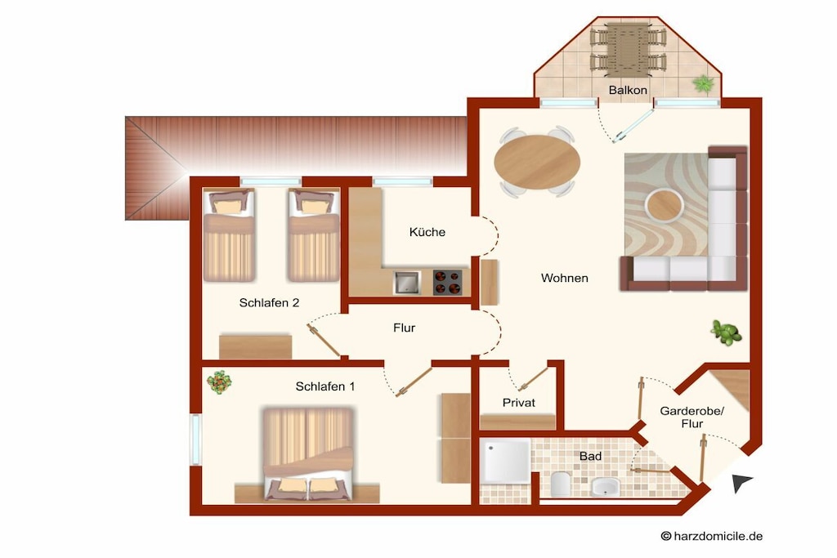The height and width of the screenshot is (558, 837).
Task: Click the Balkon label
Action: pos(628,90)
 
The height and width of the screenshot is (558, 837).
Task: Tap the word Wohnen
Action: pos(564,278)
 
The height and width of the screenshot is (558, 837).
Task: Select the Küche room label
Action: pos(427,232)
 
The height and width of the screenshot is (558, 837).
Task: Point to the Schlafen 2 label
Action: pos(269,303)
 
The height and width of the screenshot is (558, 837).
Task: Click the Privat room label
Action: pos(518,403)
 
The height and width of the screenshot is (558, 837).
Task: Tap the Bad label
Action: pos(590,456)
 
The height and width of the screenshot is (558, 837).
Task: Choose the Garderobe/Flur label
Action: pos(692,417)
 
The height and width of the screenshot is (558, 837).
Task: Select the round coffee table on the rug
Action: pos(664,205)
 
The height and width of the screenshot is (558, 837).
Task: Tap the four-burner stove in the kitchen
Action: pos(447,282)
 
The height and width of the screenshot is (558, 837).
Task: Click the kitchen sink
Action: pos(407,282)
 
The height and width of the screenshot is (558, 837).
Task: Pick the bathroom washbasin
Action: pos(606,487)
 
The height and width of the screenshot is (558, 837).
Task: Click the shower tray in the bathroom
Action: pos(505,462)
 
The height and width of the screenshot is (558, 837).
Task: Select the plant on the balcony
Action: pos(704,83)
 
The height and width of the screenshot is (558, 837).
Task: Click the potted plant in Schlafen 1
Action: pos(219,382)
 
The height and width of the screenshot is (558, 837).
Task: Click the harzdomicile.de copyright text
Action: pos(712,536)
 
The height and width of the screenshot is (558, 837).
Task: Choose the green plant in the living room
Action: pos(726,332)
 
